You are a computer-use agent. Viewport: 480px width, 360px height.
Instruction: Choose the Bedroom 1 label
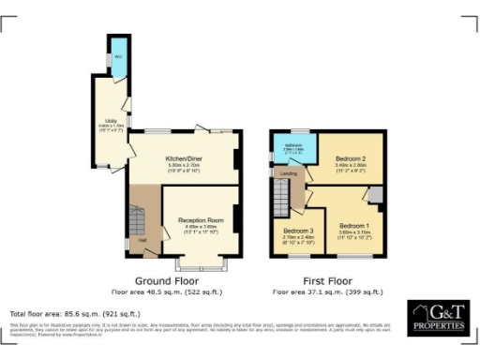click(354, 226)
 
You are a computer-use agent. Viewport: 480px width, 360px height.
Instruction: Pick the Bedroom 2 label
click(349, 161)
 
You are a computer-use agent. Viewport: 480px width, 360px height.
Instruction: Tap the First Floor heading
click(325, 281)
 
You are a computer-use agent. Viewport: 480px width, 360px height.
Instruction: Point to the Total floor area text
click(75, 313)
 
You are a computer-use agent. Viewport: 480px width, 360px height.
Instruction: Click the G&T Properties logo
click(436, 318)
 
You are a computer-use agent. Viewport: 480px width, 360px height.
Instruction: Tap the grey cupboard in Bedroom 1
click(375, 193)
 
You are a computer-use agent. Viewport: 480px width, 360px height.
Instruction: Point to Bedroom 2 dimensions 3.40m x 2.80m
click(349, 167)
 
